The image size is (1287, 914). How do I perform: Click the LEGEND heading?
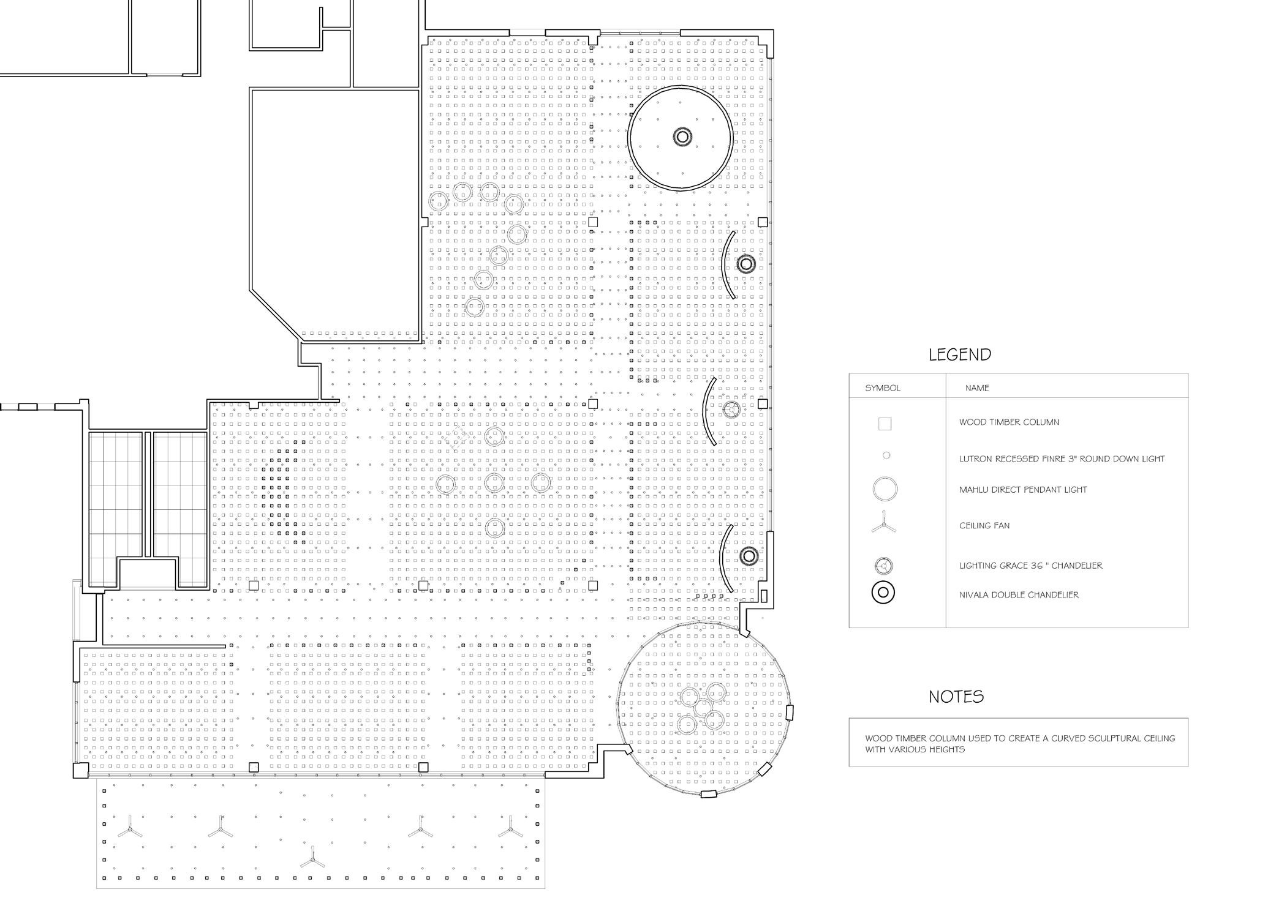coord(959,354)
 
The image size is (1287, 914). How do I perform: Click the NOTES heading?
coord(956,697)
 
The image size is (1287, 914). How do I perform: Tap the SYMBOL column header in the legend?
coord(882,388)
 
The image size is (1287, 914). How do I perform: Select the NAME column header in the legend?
coord(977,388)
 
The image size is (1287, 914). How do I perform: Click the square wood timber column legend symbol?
coord(885,424)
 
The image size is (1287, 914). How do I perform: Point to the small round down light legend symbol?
coord(886,455)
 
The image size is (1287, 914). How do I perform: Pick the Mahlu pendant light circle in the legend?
coord(885,490)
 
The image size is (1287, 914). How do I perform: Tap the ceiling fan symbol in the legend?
coord(884,526)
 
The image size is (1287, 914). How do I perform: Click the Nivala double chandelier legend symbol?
coord(883,593)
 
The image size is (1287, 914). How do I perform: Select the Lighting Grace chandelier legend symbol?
coord(884,566)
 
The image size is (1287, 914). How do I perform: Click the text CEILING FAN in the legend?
coord(984,526)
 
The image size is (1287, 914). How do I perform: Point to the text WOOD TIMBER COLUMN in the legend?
coord(1009,422)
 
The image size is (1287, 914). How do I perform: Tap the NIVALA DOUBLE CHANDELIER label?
coord(1019,595)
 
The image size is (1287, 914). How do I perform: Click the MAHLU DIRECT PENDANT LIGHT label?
coord(1023,490)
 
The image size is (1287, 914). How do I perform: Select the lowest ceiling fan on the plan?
coord(312,861)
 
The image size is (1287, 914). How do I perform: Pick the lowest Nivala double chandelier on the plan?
coord(748,556)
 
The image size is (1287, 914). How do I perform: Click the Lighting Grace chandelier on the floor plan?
coord(730,410)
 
